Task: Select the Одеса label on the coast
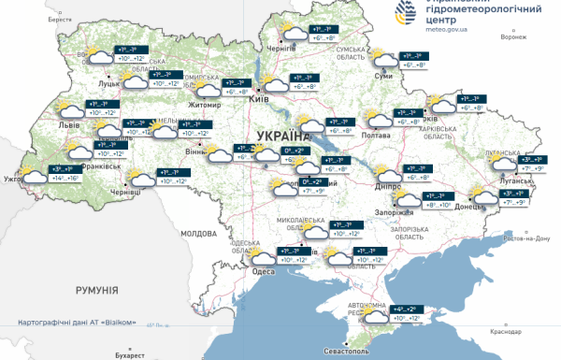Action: [265, 272]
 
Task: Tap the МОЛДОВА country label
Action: [197, 232]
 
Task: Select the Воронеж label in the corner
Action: [513, 37]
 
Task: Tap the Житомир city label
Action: [205, 106]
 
